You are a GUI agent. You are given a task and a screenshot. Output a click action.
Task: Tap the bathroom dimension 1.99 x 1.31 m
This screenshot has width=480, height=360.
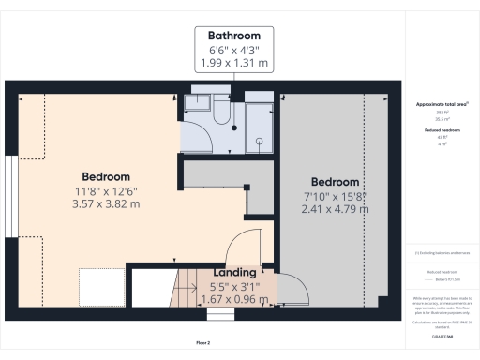click(233, 63)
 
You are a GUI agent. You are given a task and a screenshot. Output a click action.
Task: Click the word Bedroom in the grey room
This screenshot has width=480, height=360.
click(335, 181)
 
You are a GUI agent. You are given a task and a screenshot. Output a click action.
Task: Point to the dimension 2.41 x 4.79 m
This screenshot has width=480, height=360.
click(335, 208)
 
